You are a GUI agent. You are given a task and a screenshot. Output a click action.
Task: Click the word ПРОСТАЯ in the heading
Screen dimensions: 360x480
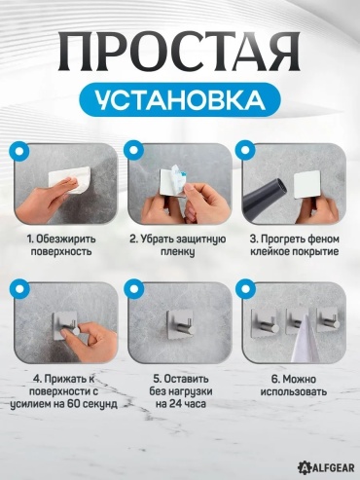point(179,52)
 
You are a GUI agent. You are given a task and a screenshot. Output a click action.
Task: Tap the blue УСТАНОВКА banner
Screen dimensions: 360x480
point(180,99)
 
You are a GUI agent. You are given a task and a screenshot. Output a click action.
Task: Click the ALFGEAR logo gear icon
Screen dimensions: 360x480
point(304,467)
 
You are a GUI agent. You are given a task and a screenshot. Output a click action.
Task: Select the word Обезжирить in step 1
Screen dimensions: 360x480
point(66,240)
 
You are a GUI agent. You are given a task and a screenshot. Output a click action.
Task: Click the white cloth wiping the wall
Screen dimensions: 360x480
point(69,179)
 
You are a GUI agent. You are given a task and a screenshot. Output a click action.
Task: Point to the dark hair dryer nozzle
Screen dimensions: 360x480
point(265,199)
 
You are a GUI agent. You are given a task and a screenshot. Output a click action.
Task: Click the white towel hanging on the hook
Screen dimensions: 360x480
point(304,343)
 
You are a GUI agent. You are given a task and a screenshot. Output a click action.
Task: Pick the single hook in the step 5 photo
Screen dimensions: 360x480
point(181,325)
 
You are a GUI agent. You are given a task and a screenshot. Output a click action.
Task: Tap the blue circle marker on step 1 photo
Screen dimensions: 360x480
point(19,151)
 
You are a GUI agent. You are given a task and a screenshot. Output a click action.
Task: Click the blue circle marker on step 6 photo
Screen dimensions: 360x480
point(246,289)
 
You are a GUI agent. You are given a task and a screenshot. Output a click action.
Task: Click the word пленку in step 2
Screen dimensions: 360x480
point(178,252)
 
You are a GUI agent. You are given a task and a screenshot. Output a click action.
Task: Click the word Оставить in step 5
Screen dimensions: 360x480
point(186,379)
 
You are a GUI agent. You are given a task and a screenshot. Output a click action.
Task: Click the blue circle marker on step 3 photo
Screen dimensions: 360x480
point(246,151)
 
